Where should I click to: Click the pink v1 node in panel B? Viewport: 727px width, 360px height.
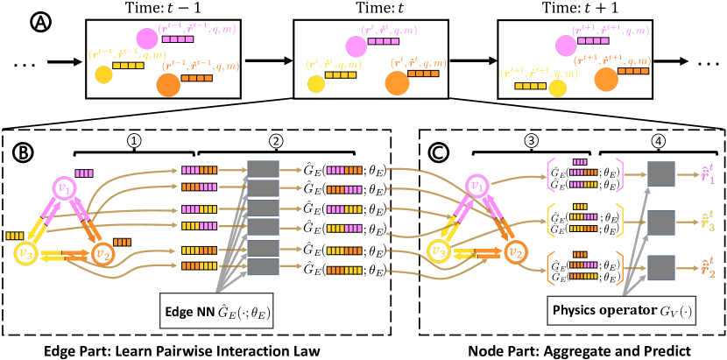click(x=64, y=188)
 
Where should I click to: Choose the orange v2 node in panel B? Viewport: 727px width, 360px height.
click(x=105, y=255)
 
